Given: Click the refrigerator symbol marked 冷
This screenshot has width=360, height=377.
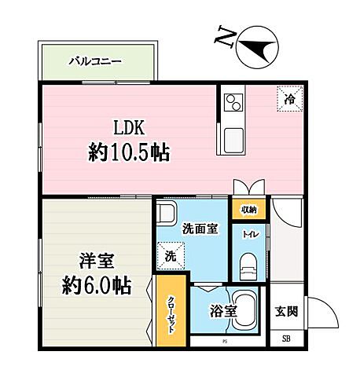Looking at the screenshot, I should (x=288, y=99).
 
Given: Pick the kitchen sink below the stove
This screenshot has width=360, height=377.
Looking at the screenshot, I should (x=234, y=142).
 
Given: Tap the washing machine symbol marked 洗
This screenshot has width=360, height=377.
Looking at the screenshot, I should (x=171, y=254).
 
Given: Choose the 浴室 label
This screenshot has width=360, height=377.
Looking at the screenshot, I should (x=222, y=311).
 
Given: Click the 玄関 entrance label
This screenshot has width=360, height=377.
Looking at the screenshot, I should (x=288, y=311).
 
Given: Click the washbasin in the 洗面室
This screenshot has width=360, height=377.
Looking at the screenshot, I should (x=167, y=214).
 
